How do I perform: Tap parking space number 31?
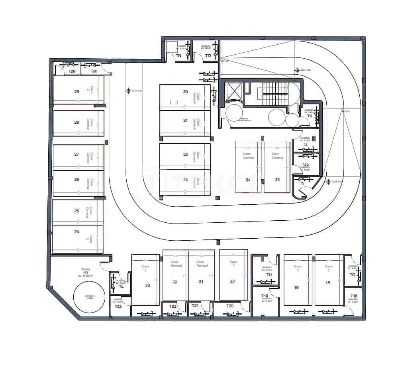click(x=185, y=121)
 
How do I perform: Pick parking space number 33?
click(x=185, y=180)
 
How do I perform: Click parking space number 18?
click(x=328, y=283)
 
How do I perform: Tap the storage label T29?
click(x=72, y=71)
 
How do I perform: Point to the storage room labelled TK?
click(x=310, y=116)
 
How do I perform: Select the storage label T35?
click(x=305, y=164)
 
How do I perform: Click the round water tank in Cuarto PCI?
click(x=89, y=297)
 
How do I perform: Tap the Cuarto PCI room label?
click(x=85, y=272)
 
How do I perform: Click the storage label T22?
click(x=173, y=306)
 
